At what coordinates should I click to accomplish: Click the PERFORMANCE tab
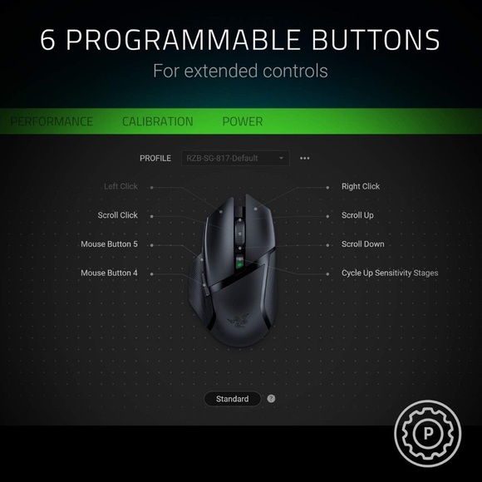52,121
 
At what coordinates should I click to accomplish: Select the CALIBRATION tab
157,121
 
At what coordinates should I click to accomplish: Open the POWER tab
242,121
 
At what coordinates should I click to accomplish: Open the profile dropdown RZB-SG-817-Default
235,158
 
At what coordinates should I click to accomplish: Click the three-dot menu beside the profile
304,158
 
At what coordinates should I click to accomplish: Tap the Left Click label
120,187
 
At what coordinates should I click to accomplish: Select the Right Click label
361,187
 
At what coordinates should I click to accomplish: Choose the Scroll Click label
117,215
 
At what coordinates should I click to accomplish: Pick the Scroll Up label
357,215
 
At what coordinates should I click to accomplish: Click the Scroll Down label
362,244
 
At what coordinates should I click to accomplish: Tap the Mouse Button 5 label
109,244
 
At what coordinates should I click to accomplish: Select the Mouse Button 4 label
109,273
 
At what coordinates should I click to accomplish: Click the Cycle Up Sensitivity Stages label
390,273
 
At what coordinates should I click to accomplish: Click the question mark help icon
271,399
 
